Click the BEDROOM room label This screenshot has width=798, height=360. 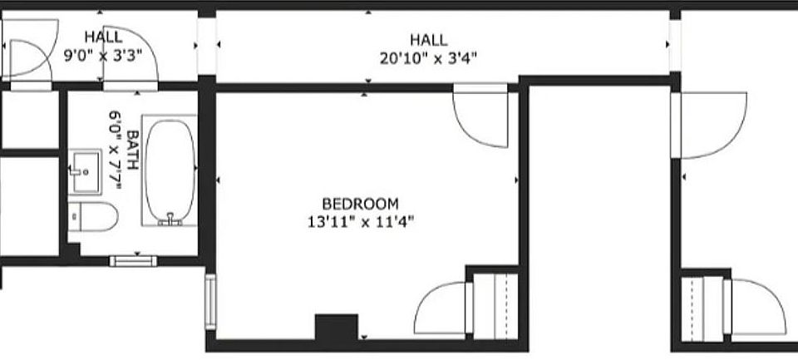pos(360,205)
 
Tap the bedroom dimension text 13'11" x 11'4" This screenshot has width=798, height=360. pos(360,222)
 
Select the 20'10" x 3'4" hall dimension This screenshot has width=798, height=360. pos(429,58)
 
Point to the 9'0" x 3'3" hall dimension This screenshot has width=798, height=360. pos(103,55)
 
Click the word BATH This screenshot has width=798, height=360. pos(132,150)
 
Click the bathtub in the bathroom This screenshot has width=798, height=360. pos(170,170)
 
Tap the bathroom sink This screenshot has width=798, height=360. pos(85,171)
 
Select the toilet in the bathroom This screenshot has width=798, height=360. pos(92,216)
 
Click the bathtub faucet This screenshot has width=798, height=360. pos(170,219)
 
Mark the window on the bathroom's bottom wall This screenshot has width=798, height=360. pos(133,261)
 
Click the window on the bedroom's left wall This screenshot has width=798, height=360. pos(210,302)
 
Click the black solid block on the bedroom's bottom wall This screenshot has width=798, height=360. pos(337,328)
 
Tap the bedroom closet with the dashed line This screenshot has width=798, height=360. pos(495,305)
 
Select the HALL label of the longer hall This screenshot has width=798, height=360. pos(429,40)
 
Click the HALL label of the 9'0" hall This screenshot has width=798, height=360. pos(103,37)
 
